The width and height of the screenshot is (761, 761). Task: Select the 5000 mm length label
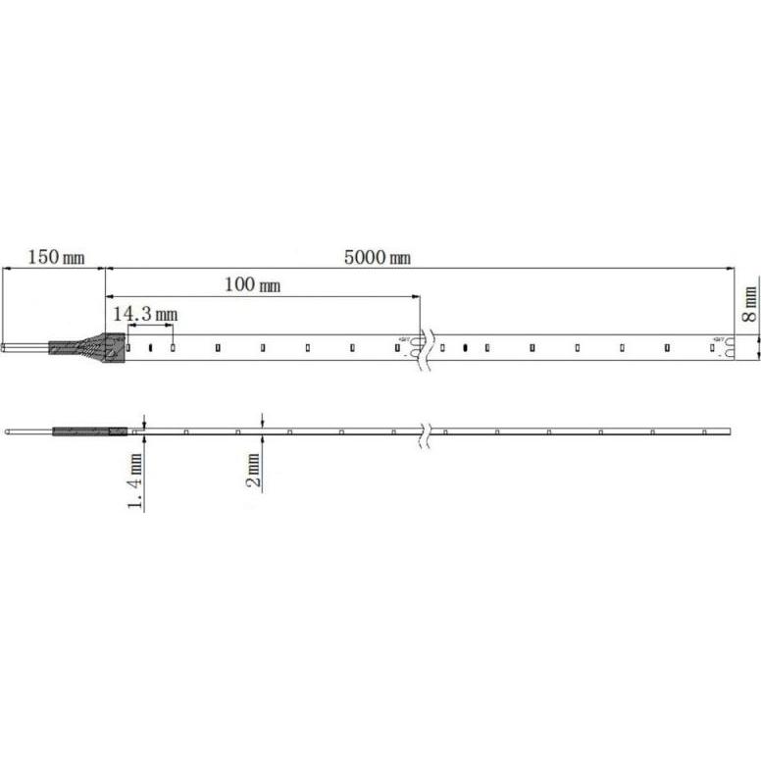pyautogui.click(x=377, y=258)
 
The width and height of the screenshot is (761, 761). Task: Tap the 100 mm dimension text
pyautogui.click(x=252, y=285)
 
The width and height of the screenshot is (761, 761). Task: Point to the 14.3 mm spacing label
pyautogui.click(x=144, y=315)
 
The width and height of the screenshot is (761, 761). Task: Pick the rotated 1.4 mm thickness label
pyautogui.click(x=135, y=482)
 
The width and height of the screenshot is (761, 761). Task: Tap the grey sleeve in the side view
pyautogui.click(x=90, y=431)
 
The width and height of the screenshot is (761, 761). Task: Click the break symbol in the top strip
pyautogui.click(x=424, y=347)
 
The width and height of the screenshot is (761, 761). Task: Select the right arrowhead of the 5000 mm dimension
pyautogui.click(x=731, y=268)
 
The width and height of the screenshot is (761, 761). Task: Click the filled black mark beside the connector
pyautogui.click(x=152, y=347)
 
